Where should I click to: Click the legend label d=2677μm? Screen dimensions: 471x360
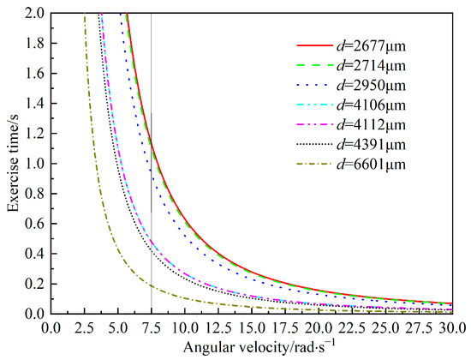coord(371,46)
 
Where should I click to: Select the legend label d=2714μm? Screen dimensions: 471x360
coord(371,65)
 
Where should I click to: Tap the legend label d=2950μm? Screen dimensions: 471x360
coord(371,86)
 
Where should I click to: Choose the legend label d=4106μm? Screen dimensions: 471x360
coord(371,105)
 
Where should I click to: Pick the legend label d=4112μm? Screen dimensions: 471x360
coord(371,125)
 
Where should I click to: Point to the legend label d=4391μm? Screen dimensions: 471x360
coord(371,144)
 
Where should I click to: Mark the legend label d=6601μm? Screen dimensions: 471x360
coord(371,165)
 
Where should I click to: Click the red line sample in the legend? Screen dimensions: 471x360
coord(314,45)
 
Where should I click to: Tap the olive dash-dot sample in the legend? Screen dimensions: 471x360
coord(314,165)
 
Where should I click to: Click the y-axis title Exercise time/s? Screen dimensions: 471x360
coord(13,164)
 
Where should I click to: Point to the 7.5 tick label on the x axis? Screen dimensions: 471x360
coord(151,327)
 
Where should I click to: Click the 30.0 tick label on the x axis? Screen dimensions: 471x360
coord(453,327)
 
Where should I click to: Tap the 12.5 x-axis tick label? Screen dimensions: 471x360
coord(218,327)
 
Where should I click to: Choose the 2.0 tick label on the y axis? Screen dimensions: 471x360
coord(34,14)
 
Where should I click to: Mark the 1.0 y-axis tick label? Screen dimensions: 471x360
coord(34,164)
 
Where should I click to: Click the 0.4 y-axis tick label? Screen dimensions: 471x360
coord(34,254)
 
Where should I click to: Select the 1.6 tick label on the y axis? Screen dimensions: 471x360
coord(34,74)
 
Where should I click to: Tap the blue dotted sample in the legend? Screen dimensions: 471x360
coord(314,86)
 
